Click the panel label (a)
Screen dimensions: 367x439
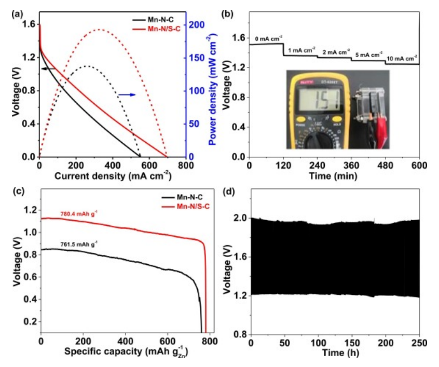coord(16,15)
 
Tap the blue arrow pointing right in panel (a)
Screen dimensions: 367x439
coord(127,94)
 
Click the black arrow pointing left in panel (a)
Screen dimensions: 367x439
coord(49,68)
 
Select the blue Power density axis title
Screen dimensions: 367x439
coord(213,89)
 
